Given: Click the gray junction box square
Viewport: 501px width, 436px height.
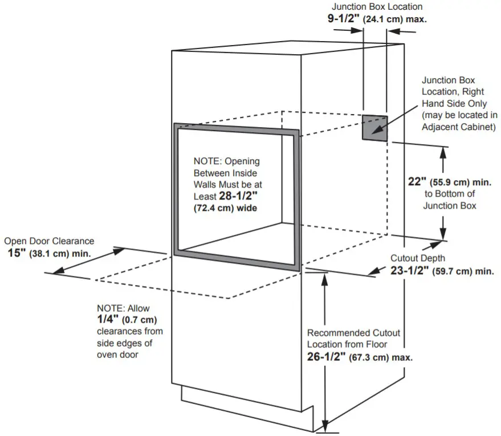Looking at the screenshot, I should pyautogui.click(x=375, y=127).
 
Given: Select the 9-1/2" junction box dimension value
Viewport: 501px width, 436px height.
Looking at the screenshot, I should pyautogui.click(x=343, y=18).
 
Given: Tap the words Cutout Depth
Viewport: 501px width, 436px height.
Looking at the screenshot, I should pyautogui.click(x=418, y=258).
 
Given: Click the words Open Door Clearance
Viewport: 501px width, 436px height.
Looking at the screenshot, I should pyautogui.click(x=49, y=241).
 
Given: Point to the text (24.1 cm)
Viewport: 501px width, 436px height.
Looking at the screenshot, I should pyautogui.click(x=385, y=19).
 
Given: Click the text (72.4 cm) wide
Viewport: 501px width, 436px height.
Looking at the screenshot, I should pyautogui.click(x=226, y=207).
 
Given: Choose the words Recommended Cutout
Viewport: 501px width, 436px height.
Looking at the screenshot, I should pyautogui.click(x=353, y=332).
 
